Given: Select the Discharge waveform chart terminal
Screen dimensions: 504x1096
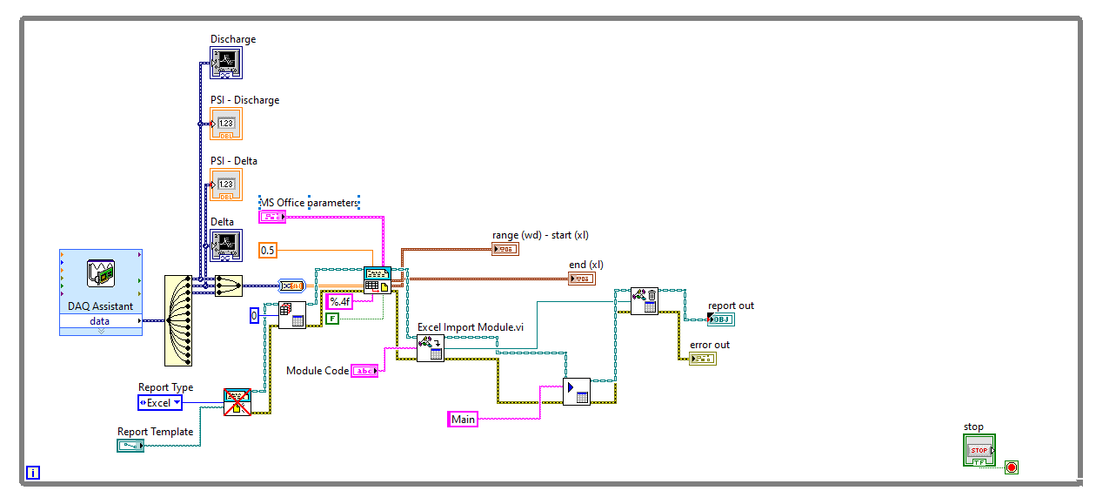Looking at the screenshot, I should coord(225,63).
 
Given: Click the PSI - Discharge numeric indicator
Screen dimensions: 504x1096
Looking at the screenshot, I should coord(225,124).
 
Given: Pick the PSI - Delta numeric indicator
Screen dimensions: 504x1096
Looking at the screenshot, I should coord(225,185).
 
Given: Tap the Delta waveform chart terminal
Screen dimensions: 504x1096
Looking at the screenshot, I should coord(225,245).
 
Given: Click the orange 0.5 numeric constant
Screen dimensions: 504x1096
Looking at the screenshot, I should coord(268,251).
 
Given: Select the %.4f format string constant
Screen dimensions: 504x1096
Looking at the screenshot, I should coord(338,302).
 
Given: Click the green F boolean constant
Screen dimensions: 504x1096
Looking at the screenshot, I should coord(332,319).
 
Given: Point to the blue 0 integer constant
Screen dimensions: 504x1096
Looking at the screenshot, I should coord(254,315).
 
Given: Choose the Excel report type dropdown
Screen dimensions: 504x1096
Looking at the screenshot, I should coord(160,403).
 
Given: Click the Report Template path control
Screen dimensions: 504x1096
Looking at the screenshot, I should coord(130,446).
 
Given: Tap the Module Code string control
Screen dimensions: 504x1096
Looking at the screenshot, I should coord(364,371).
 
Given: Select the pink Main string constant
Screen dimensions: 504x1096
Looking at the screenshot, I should coord(463,420).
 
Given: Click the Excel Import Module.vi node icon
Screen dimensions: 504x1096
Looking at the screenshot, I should coord(430,348).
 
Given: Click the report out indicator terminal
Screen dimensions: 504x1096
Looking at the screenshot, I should coord(720,319).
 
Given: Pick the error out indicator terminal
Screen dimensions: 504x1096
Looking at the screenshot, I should coord(702,358).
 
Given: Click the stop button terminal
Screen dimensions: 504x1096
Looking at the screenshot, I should coord(979,450).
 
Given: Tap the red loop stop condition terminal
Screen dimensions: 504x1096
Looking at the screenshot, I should coord(1012,467).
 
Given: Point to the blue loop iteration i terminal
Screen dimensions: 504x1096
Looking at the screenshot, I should coord(33,474).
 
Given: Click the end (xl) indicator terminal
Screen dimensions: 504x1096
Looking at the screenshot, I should coord(581,279).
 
